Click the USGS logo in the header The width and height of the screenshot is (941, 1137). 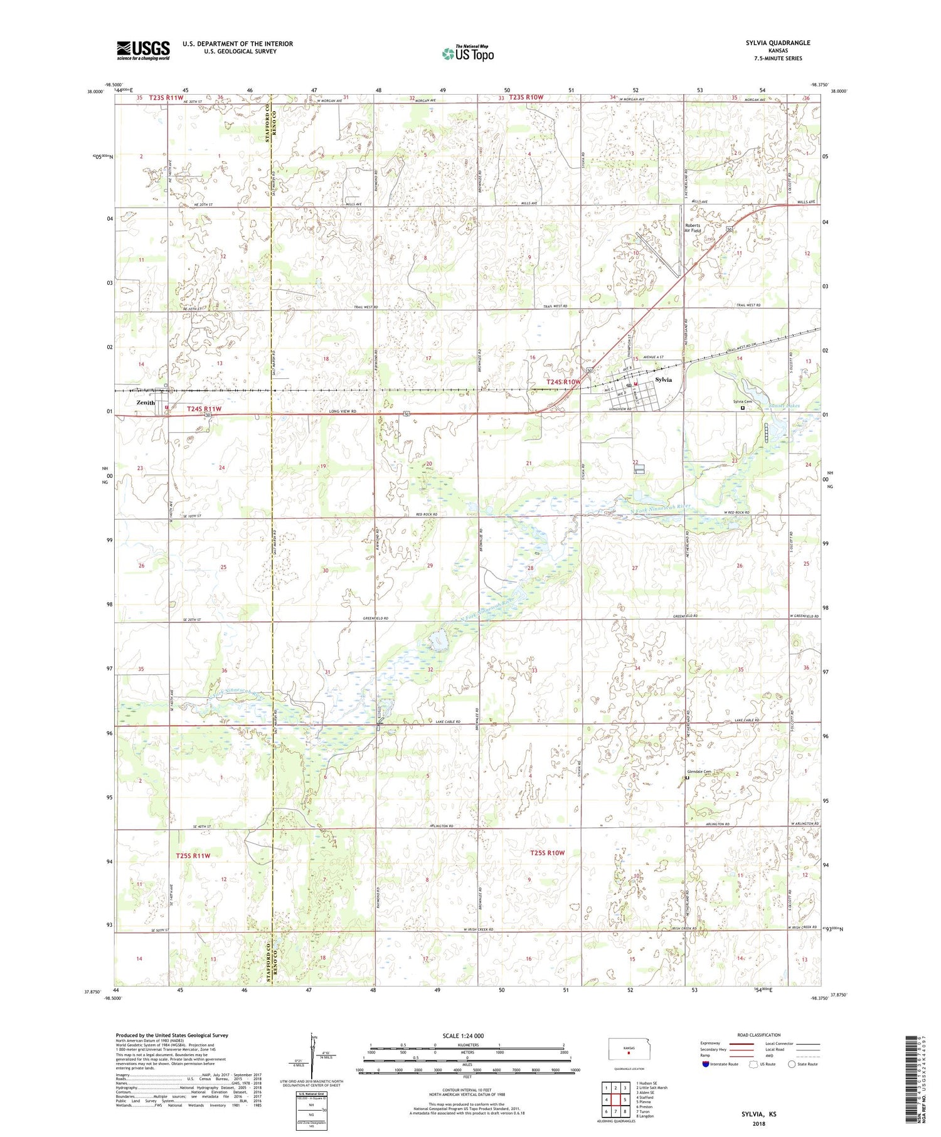143,50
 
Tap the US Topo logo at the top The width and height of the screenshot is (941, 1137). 467,53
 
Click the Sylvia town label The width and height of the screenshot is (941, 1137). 663,380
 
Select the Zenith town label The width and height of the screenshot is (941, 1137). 146,403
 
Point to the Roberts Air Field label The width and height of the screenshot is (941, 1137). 693,228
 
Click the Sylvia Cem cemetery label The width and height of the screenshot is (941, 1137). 743,401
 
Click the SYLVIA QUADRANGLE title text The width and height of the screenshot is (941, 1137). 778,43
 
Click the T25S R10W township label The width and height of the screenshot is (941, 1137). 547,853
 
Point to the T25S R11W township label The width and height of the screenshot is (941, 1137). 193,855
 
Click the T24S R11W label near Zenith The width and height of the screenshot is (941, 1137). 205,409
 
